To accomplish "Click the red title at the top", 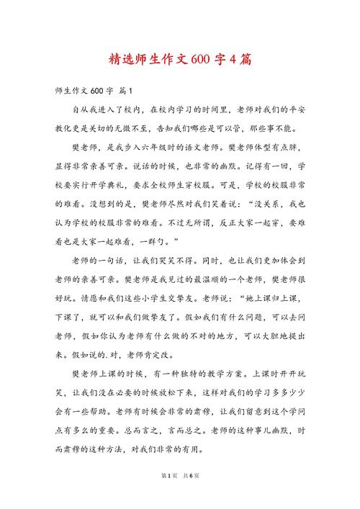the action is coord(180,58).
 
